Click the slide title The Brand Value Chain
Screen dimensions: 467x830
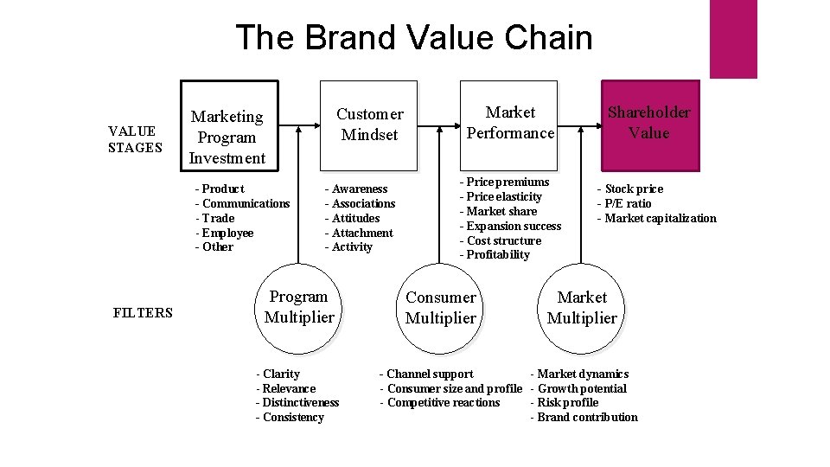click(413, 38)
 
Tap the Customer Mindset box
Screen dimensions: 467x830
click(369, 125)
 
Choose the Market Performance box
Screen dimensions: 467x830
click(510, 123)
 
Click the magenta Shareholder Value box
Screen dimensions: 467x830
click(648, 123)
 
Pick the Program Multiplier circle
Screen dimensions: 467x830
click(299, 307)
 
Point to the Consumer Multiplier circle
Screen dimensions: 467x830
click(441, 308)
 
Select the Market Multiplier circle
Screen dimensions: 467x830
click(582, 308)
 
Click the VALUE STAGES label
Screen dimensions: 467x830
click(133, 139)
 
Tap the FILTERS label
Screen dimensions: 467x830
click(143, 313)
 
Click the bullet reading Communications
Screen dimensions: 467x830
click(243, 203)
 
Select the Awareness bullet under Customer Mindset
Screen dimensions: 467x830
click(357, 189)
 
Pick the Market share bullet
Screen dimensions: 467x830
click(499, 211)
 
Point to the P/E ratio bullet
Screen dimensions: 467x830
click(625, 203)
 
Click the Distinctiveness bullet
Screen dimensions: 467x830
click(298, 402)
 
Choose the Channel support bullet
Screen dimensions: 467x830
click(427, 374)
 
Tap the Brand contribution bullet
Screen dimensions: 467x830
click(584, 417)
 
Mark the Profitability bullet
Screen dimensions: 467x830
click(495, 254)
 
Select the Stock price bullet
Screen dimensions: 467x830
click(631, 189)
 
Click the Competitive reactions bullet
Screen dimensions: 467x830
click(440, 402)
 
